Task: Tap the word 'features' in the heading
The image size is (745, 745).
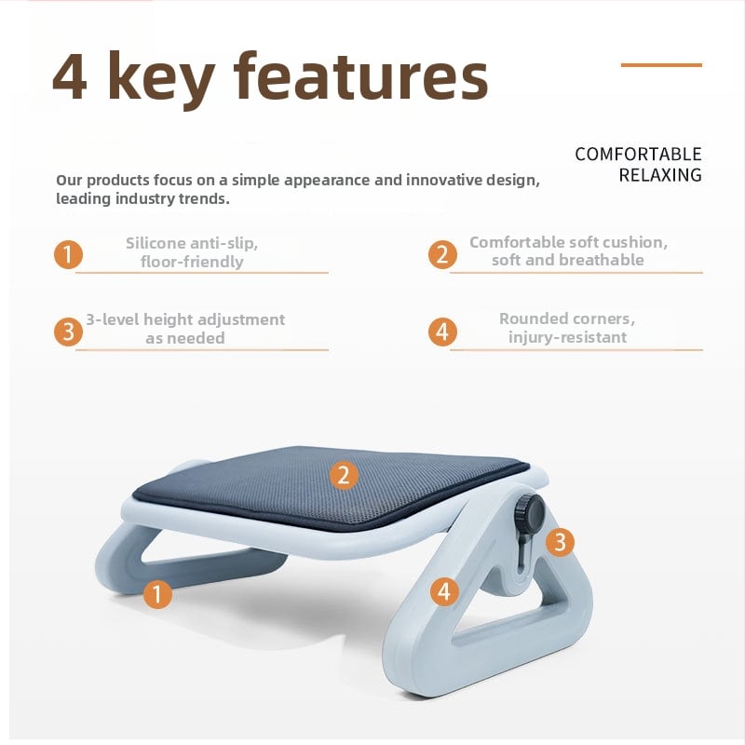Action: pyautogui.click(x=361, y=76)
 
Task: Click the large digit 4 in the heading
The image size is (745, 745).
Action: pyautogui.click(x=69, y=76)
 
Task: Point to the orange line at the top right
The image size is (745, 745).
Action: pyautogui.click(x=661, y=64)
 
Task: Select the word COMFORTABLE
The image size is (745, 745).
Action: pyautogui.click(x=638, y=155)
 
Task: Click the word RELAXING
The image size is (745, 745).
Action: pyautogui.click(x=660, y=175)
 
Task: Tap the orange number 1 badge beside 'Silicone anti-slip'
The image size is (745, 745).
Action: pyautogui.click(x=68, y=254)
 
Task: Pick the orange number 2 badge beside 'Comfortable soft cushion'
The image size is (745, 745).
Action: pyautogui.click(x=442, y=254)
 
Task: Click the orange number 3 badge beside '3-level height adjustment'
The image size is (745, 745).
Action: pyautogui.click(x=68, y=332)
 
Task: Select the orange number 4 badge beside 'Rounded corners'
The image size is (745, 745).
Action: pyautogui.click(x=442, y=332)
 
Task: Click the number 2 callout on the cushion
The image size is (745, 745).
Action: pyautogui.click(x=344, y=475)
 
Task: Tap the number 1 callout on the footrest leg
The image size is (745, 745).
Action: pyautogui.click(x=157, y=594)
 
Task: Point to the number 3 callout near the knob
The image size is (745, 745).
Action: pyautogui.click(x=560, y=542)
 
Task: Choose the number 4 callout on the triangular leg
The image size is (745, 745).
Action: pyautogui.click(x=444, y=591)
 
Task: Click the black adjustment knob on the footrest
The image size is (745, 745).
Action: pyautogui.click(x=529, y=510)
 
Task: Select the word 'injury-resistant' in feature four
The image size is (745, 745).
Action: pyautogui.click(x=568, y=337)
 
